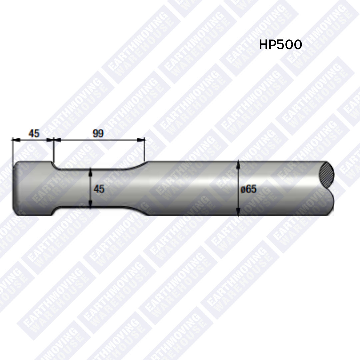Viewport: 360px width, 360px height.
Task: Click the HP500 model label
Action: (x=280, y=45)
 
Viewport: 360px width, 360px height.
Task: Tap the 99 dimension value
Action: (x=98, y=134)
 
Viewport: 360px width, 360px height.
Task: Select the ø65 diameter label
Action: (x=249, y=189)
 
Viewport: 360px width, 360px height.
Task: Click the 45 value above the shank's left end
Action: (x=34, y=134)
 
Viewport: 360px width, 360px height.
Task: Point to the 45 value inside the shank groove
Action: (x=99, y=189)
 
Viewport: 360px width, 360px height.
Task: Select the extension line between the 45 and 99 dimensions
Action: (x=53, y=150)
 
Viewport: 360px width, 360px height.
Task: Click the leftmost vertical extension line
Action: (x=12, y=150)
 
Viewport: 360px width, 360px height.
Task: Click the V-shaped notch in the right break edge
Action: (x=328, y=189)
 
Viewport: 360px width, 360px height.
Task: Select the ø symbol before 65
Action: (x=243, y=189)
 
